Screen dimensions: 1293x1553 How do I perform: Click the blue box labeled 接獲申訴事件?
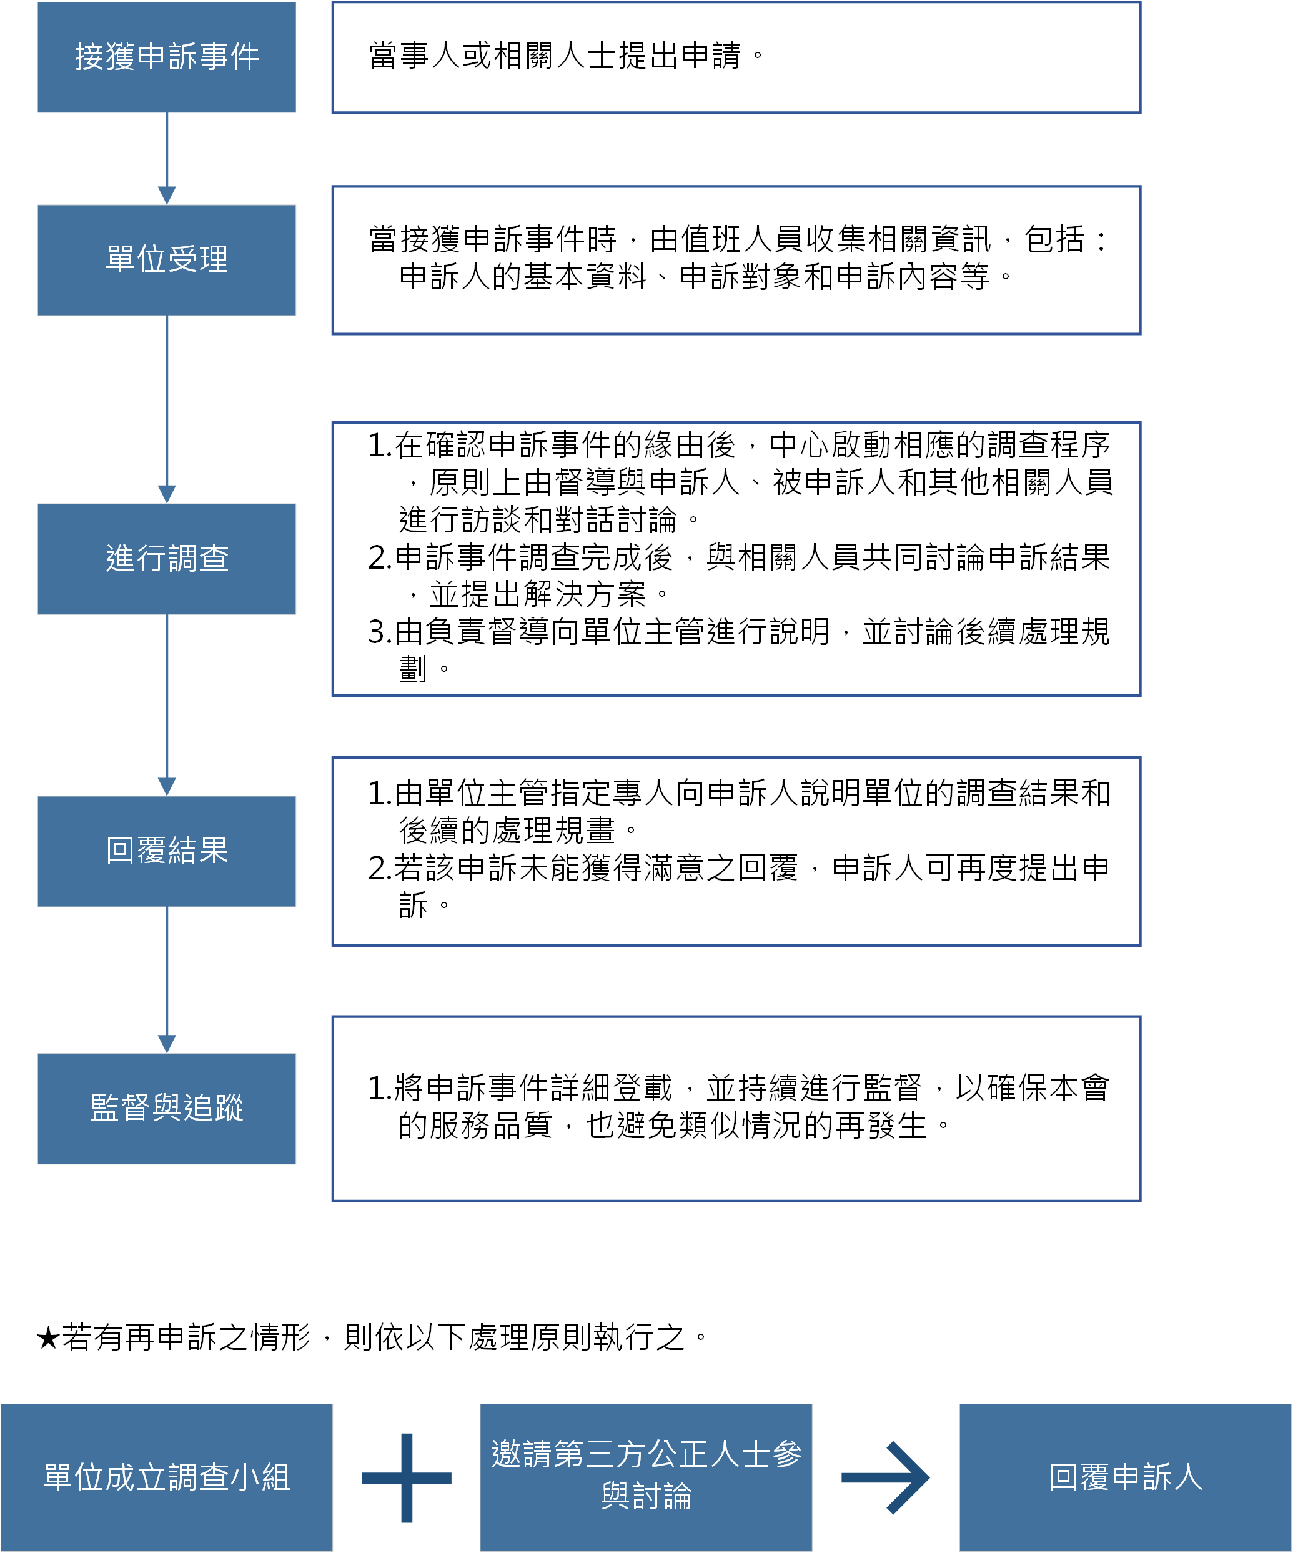pos(166,57)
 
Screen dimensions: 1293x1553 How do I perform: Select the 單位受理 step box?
pos(166,261)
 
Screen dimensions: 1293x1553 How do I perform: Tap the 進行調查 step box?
pos(166,559)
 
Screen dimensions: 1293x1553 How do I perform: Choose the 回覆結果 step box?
pos(166,851)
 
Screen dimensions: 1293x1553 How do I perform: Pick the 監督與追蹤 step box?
pos(166,1109)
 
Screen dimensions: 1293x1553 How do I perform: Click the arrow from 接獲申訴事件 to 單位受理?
pos(166,158)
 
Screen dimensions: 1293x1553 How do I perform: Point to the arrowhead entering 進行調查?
pos(166,494)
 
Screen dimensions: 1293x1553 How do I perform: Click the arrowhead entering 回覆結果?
pos(166,786)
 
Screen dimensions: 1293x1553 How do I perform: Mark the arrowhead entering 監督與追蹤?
pos(166,1044)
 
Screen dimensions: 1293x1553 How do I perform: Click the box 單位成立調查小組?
pos(166,1477)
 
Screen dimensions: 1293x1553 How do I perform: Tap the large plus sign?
pos(407,1477)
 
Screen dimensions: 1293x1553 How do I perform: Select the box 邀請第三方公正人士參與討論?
pos(646,1477)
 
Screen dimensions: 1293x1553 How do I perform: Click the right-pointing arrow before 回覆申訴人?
pos(886,1477)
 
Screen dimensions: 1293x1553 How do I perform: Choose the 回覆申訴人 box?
pos(1125,1477)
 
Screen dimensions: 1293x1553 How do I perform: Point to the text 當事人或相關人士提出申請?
pos(555,56)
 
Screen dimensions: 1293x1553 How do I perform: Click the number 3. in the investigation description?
pos(379,633)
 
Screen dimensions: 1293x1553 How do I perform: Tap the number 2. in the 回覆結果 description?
pos(379,869)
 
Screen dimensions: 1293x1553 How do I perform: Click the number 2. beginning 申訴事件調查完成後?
pos(379,558)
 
